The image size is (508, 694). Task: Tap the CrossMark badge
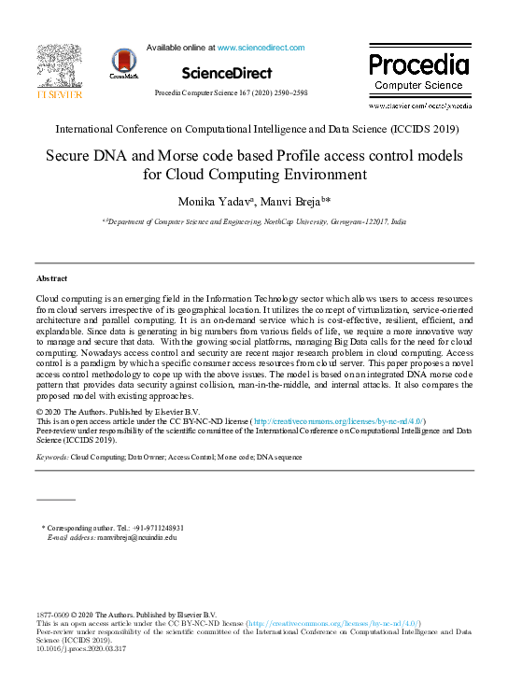click(x=124, y=63)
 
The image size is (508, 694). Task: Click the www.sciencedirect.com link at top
click(x=261, y=47)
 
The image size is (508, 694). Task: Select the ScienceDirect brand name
click(x=227, y=73)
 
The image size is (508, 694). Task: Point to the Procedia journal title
click(x=418, y=64)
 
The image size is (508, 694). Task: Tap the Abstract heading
click(x=51, y=279)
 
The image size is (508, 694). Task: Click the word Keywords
click(x=51, y=458)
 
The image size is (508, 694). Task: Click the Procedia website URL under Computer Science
click(x=418, y=107)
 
